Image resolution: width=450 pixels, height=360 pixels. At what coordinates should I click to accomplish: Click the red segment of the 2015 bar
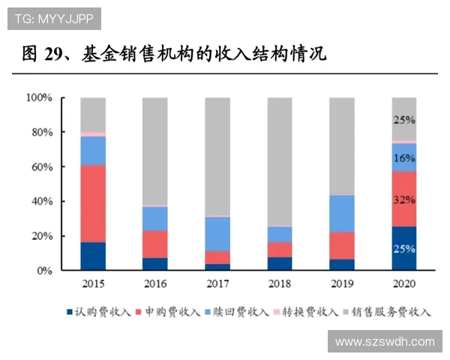pos(93,203)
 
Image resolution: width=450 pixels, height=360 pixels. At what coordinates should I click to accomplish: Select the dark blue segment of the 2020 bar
pos(404,248)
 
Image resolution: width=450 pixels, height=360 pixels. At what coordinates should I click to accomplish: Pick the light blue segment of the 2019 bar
pos(342,213)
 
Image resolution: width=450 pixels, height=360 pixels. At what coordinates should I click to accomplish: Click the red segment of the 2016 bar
pos(155,244)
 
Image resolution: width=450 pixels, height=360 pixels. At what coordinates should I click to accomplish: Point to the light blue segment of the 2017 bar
pos(217,233)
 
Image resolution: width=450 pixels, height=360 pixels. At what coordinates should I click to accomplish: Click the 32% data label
pos(404,200)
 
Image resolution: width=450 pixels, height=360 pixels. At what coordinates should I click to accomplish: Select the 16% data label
pos(404,158)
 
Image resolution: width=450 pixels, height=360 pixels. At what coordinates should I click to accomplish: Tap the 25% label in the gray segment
pos(404,119)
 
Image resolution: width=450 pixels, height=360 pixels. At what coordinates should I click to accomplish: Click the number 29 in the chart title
pos(55,54)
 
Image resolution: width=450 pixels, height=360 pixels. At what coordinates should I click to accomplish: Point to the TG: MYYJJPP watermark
pos(53,18)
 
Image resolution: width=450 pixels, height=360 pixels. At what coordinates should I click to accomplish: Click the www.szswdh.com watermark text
pos(385,342)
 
